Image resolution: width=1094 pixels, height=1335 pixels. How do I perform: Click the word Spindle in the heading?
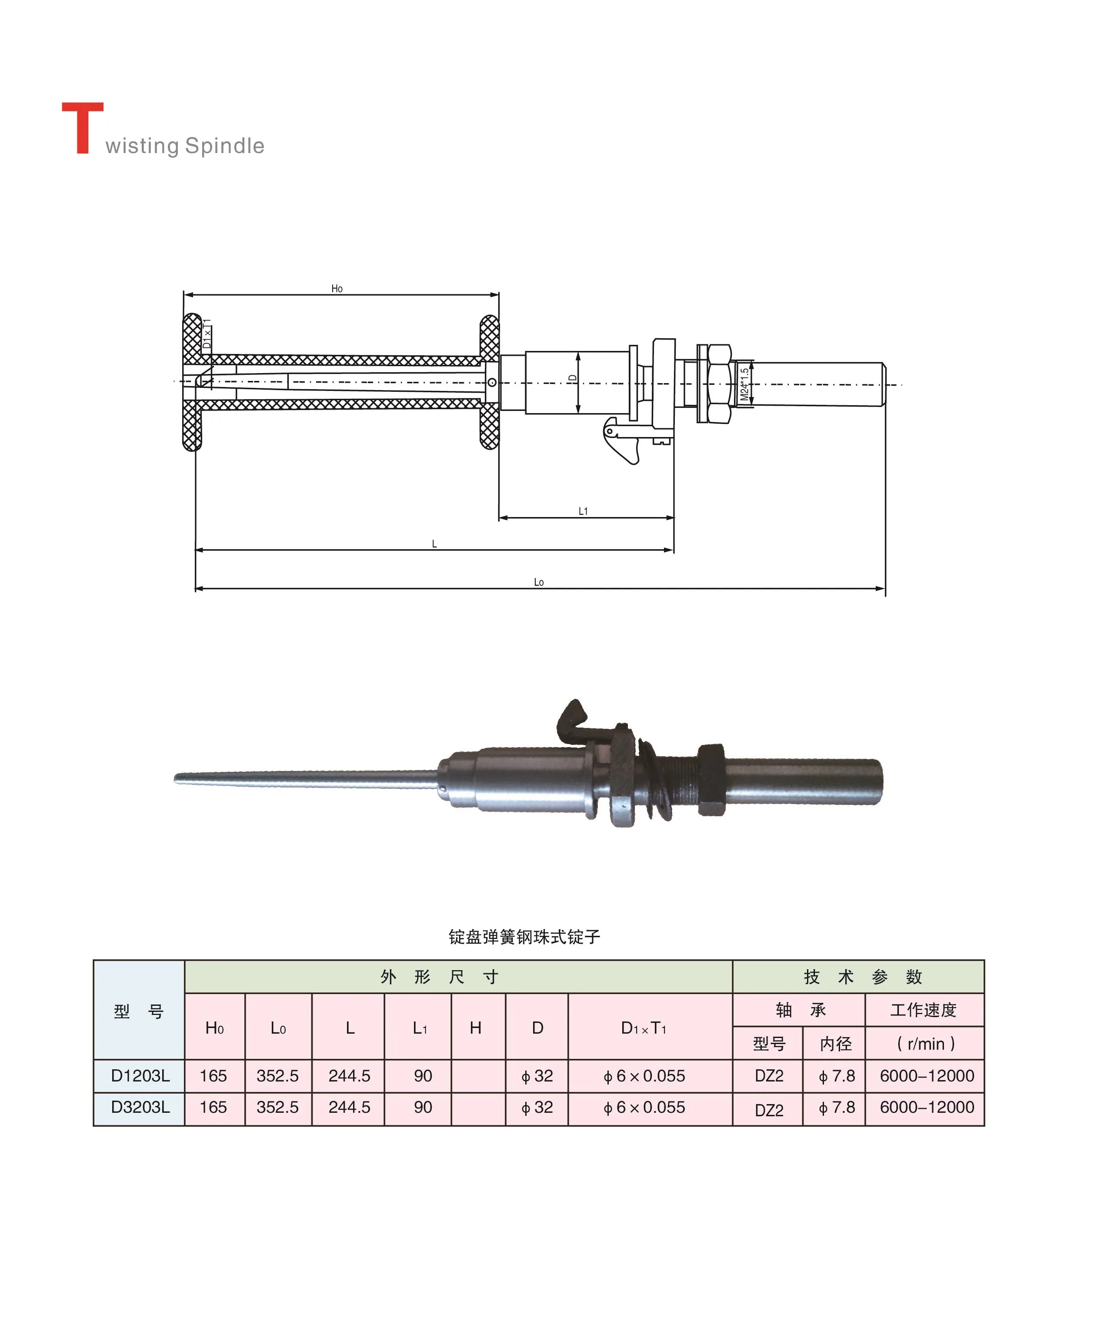coord(224,146)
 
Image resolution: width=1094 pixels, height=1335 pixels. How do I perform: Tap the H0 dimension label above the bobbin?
coord(337,289)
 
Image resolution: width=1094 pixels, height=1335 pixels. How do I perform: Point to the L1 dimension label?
coord(583,511)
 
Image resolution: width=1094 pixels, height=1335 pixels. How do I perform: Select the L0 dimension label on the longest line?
coord(539,582)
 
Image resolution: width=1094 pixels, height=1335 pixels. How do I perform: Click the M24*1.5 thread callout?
coord(744,384)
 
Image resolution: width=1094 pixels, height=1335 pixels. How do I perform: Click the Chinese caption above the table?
coord(524,937)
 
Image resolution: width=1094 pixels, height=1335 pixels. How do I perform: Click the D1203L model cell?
coord(140,1076)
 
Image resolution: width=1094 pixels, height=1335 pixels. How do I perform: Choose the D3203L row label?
coord(140,1108)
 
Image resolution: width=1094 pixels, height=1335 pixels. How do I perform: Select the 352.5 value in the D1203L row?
coord(277,1076)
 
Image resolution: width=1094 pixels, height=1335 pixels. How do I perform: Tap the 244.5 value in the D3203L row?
coord(349,1108)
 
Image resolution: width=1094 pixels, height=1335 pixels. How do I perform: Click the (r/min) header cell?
coord(925,1044)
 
